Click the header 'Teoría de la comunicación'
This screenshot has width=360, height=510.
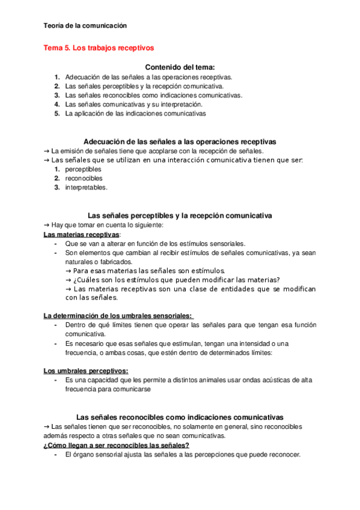coord(85,26)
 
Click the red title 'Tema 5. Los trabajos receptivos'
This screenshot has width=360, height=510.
coord(98,48)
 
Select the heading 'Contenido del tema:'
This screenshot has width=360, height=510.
coord(180,67)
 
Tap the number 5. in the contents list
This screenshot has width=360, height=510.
coord(56,113)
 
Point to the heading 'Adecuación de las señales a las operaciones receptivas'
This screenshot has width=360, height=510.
coord(180,141)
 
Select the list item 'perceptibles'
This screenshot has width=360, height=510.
coord(84,170)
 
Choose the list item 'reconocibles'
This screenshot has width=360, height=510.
coord(84,179)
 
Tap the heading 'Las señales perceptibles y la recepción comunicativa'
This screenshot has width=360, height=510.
coord(180,215)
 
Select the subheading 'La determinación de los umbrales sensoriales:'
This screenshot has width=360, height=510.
coord(118,315)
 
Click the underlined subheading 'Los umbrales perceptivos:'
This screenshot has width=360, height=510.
coord(86,370)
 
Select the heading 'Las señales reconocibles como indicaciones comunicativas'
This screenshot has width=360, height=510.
coord(180,417)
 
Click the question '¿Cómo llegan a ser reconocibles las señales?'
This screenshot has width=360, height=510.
coord(117,445)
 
